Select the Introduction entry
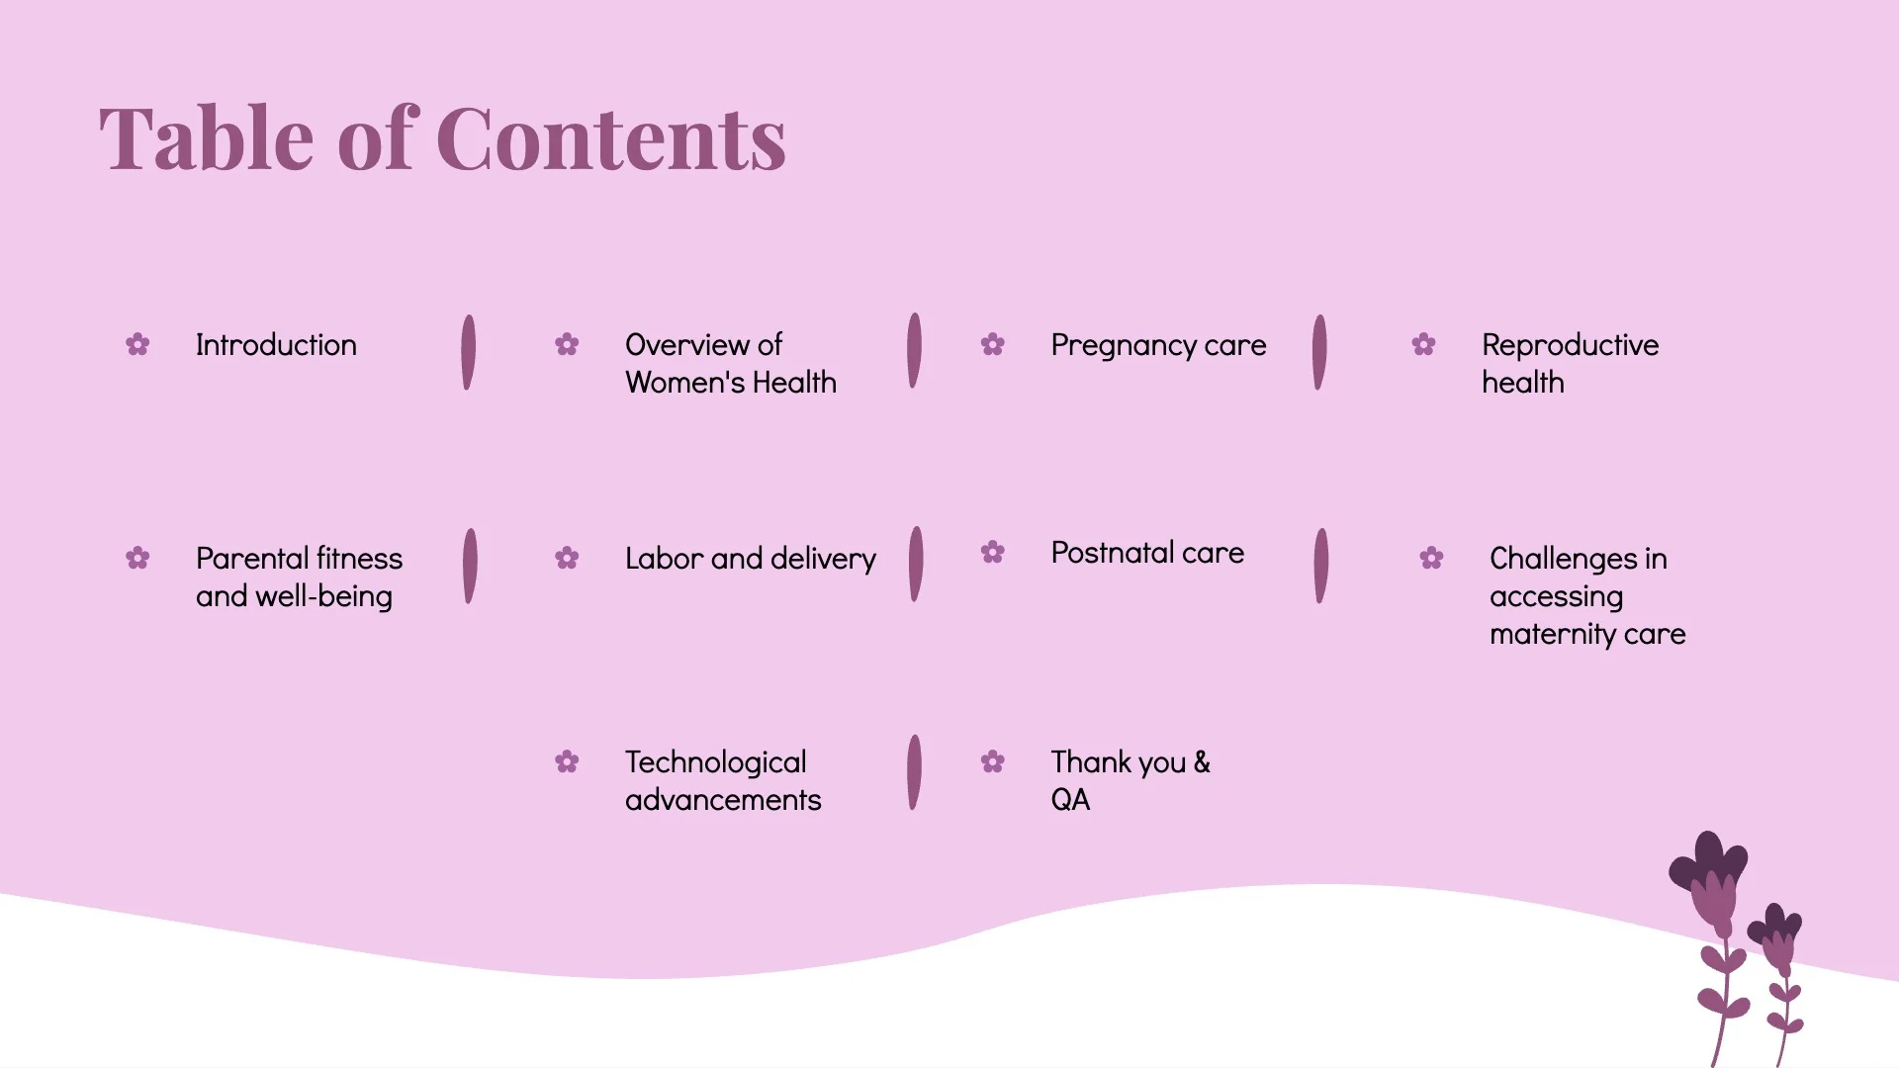(276, 345)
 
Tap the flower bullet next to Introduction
(137, 345)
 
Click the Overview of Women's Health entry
(730, 364)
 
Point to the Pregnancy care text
(1158, 345)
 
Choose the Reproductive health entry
(1570, 364)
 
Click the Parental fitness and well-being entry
(299, 578)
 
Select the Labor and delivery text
(750, 559)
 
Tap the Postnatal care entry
(1147, 553)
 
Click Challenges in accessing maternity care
(1586, 596)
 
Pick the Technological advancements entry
(722, 781)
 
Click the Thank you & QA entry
(1130, 781)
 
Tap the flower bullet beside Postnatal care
(992, 553)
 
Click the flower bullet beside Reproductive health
(1423, 345)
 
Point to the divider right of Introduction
(469, 353)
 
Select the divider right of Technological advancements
(914, 772)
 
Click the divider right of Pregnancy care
(1318, 353)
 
